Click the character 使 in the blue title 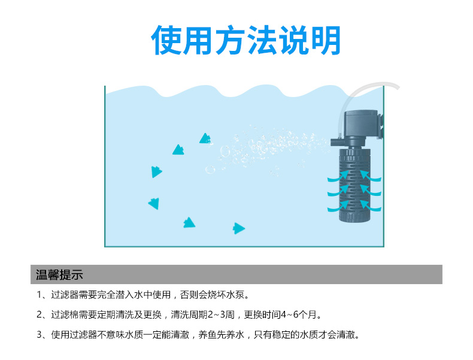(166, 40)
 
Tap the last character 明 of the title (324, 40)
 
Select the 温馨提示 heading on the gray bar (59, 275)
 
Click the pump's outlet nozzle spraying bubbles (334, 143)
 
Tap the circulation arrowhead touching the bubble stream (205, 138)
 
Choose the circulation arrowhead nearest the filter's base (239, 228)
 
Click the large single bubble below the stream (210, 170)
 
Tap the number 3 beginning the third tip (39, 334)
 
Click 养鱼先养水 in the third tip (219, 334)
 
